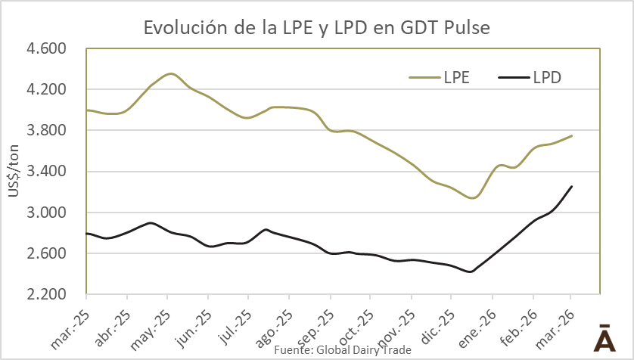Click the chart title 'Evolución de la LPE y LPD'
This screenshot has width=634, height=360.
tap(316, 29)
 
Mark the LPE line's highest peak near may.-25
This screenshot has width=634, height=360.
tap(170, 73)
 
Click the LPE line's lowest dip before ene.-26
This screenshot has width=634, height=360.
tap(473, 198)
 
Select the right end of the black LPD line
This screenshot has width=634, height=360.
tap(572, 186)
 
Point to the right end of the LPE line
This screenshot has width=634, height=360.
tap(572, 135)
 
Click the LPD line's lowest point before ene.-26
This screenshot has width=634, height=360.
tap(471, 272)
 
